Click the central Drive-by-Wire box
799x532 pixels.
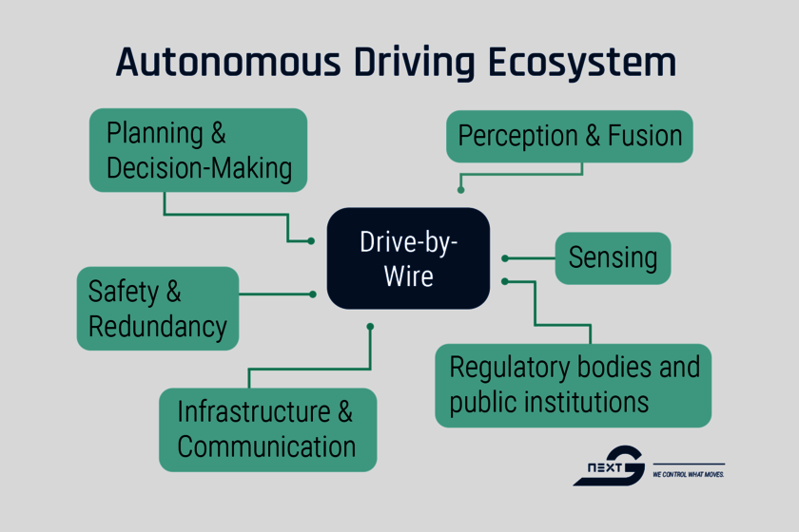tap(408, 258)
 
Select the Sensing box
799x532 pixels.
tap(613, 257)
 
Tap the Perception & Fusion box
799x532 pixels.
tap(570, 136)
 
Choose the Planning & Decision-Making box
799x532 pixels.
tap(198, 150)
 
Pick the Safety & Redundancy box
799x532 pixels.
tap(157, 308)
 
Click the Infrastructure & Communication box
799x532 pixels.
tap(267, 429)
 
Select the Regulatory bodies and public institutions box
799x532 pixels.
tap(573, 385)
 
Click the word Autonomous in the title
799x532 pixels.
tap(225, 63)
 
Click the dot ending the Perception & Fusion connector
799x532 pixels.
tap(461, 190)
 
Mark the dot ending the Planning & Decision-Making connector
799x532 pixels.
tap(311, 241)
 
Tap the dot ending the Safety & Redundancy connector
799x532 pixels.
tap(312, 294)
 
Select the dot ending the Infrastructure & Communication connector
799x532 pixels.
tap(370, 327)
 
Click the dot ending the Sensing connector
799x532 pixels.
tap(505, 257)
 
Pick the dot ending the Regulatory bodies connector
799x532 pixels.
tap(505, 281)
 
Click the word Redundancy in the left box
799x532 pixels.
tap(158, 326)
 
